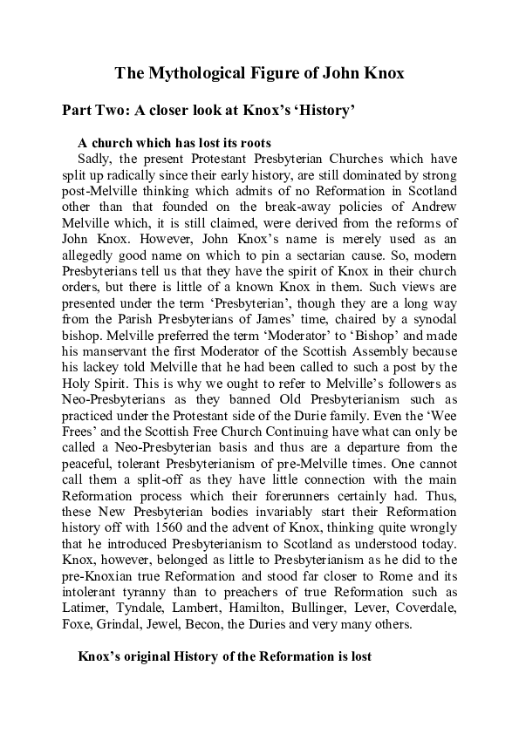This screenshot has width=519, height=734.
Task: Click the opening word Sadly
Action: pyautogui.click(x=94, y=158)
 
